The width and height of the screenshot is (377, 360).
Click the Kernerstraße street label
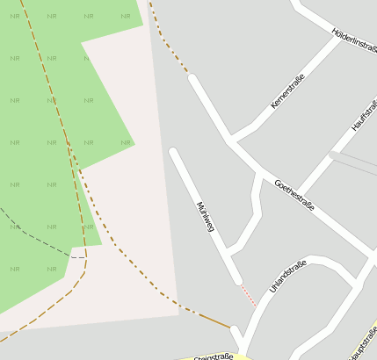point(287,91)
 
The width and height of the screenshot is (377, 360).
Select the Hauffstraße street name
point(363,115)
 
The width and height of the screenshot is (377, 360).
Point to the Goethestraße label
point(294,195)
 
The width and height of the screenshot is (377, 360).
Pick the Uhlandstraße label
point(287,277)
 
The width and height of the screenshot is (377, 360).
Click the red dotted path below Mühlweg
point(248,295)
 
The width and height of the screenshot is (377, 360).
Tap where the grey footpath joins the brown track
point(84,257)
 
